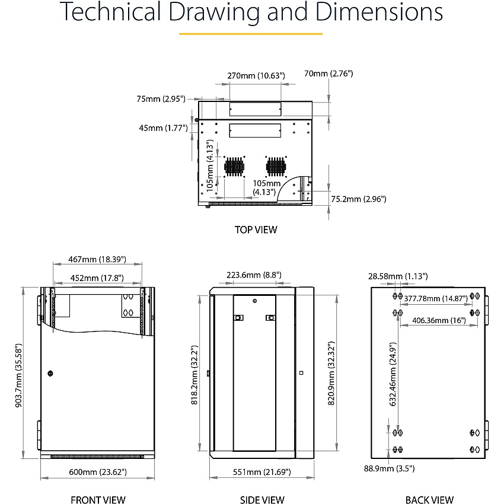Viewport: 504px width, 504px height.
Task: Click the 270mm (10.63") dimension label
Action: (256, 75)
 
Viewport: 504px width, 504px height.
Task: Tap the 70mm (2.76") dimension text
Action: (328, 74)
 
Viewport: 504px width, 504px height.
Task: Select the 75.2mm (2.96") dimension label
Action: (358, 199)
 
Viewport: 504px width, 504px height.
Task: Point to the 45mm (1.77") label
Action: (163, 128)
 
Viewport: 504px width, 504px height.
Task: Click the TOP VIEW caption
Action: (256, 230)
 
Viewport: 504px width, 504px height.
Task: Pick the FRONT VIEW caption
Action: (98, 499)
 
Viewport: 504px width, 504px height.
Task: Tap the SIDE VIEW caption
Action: (262, 499)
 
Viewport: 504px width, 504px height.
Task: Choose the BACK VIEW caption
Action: (429, 499)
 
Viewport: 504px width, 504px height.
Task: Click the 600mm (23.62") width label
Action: (98, 472)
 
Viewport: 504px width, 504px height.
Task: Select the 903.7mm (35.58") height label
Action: (18, 375)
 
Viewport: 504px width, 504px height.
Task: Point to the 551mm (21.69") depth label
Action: (261, 472)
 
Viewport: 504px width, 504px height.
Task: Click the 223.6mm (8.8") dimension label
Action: (254, 275)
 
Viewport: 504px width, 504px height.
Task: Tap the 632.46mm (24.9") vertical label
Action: (393, 374)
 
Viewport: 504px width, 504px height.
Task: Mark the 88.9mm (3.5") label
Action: (389, 468)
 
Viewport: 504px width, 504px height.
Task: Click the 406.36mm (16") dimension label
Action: (439, 320)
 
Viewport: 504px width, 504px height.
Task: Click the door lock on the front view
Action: (50, 374)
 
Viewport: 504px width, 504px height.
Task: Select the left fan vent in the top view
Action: (234, 167)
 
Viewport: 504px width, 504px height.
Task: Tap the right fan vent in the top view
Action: (276, 167)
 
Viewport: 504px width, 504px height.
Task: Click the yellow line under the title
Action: (251, 34)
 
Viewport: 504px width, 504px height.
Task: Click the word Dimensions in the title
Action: (379, 12)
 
